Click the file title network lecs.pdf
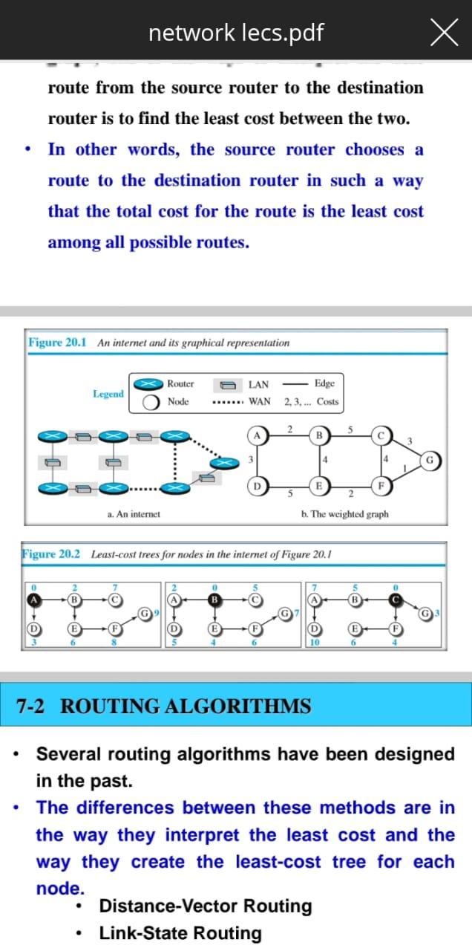pos(236,33)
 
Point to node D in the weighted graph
pos(258,487)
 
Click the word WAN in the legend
pos(260,402)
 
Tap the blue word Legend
pos(108,394)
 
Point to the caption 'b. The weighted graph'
pos(344,513)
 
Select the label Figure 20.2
pos(52,554)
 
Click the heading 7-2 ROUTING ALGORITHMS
pos(163,705)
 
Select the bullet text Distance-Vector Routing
pos(206,906)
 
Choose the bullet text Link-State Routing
pos(180,933)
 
